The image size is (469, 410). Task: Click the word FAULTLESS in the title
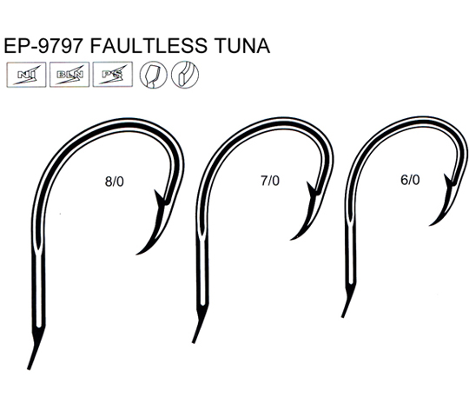(149, 46)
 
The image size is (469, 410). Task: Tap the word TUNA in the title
(242, 46)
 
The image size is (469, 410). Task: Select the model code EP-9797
(43, 46)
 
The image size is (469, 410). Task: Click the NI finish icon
(26, 75)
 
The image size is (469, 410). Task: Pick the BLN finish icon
(69, 75)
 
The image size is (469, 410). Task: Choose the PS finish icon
(113, 75)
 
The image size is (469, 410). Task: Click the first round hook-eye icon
(154, 75)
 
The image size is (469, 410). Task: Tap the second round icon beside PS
(185, 75)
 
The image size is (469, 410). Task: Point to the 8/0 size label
(115, 182)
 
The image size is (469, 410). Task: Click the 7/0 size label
(270, 181)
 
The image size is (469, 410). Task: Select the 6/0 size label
(410, 180)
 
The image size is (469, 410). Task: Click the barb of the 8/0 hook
(158, 198)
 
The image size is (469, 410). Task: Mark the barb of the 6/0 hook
(448, 182)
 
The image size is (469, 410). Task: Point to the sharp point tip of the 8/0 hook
(137, 255)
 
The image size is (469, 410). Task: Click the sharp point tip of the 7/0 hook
(291, 239)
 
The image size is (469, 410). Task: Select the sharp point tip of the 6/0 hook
(430, 225)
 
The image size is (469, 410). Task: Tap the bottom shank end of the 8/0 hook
(29, 368)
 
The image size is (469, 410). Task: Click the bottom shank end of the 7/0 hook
(194, 342)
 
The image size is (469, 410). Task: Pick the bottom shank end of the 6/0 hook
(343, 316)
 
